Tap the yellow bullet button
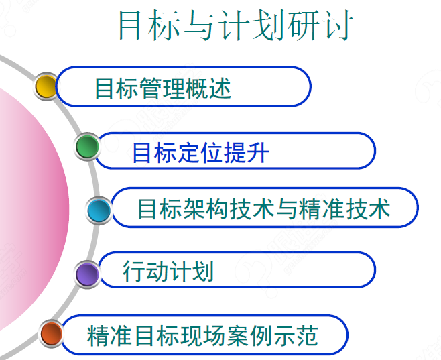pos(45,86)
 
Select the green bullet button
pos(87,147)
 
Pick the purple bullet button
pos(87,273)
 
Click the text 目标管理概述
pos(163,88)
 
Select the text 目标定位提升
pos(200,152)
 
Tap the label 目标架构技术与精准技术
pos(263,209)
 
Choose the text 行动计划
pos(168,272)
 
